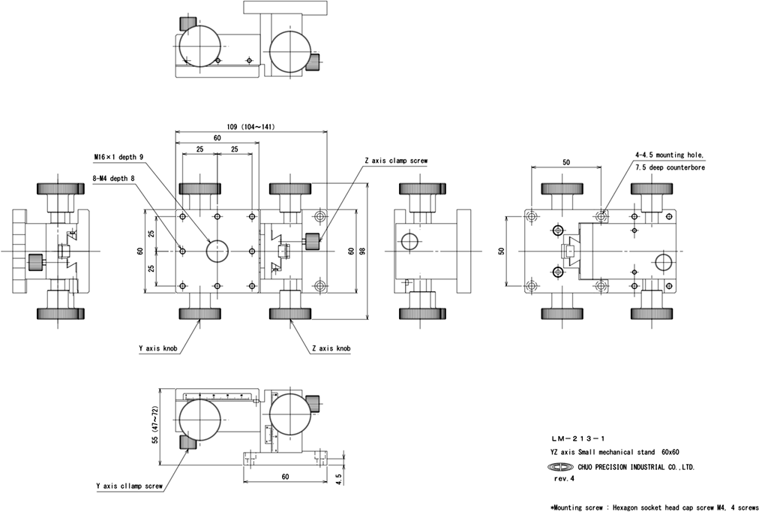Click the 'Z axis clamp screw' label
396,161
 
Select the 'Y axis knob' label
158,348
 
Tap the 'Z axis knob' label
331,348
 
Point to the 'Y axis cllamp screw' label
129,486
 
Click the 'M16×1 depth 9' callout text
118,157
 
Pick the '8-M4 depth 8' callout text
115,178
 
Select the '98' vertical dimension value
361,251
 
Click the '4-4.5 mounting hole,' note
670,155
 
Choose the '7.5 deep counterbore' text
670,167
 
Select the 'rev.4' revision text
564,477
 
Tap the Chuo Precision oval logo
559,466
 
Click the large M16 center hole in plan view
217,250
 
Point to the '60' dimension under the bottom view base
285,476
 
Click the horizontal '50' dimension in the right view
565,162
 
